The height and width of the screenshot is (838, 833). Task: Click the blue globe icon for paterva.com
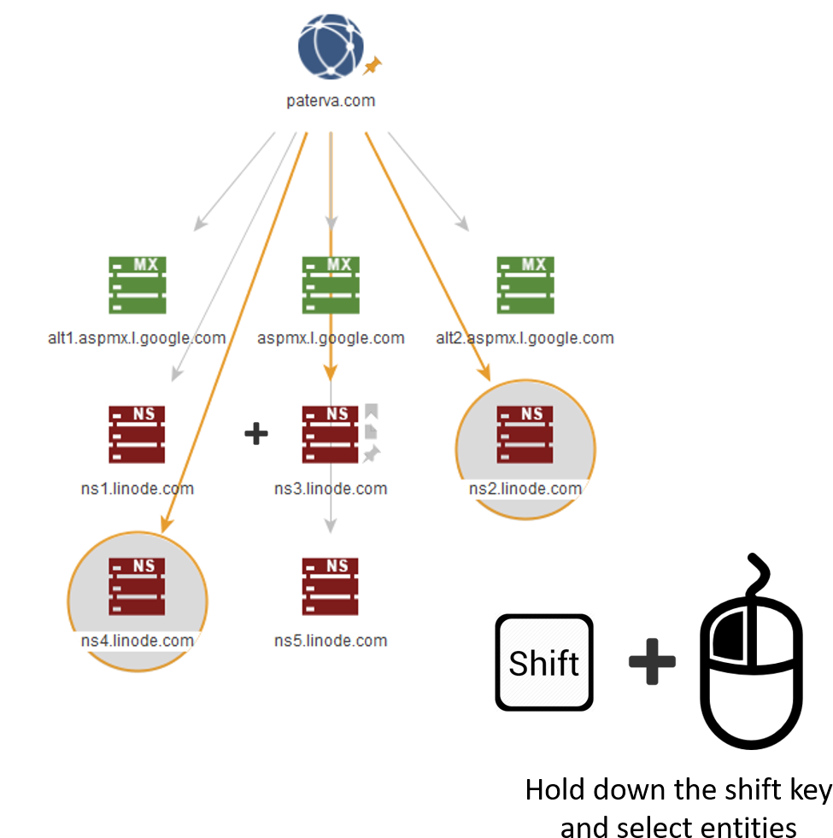pyautogui.click(x=331, y=47)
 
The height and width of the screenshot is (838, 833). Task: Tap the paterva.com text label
pyautogui.click(x=331, y=101)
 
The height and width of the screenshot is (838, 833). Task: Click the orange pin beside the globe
pyautogui.click(x=373, y=65)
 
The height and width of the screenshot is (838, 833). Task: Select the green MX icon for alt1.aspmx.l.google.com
pyautogui.click(x=137, y=284)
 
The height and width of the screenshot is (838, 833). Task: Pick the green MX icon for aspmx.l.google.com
pyautogui.click(x=331, y=284)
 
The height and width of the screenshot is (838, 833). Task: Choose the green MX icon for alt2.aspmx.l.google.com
pyautogui.click(x=525, y=284)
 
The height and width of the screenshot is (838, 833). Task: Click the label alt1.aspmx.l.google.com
pyautogui.click(x=137, y=338)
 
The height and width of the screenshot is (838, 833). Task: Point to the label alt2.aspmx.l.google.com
pyautogui.click(x=525, y=338)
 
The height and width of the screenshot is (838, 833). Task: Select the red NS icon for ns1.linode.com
pyautogui.click(x=137, y=435)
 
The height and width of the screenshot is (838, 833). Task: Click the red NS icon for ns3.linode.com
pyautogui.click(x=330, y=435)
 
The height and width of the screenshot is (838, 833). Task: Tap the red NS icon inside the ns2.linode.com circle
pyautogui.click(x=525, y=435)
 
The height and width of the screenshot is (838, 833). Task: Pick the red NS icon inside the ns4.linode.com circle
pyautogui.click(x=137, y=586)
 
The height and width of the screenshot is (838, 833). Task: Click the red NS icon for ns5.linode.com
pyautogui.click(x=330, y=586)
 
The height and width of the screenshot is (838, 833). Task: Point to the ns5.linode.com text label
pyautogui.click(x=331, y=641)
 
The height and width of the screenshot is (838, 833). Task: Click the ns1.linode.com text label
pyautogui.click(x=137, y=489)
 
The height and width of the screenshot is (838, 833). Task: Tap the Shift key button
pyautogui.click(x=544, y=662)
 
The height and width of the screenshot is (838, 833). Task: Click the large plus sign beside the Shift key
pyautogui.click(x=653, y=661)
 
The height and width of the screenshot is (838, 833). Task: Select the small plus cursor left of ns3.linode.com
pyautogui.click(x=256, y=434)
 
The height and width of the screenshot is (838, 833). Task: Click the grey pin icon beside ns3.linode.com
pyautogui.click(x=371, y=454)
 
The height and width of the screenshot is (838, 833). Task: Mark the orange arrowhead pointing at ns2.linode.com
pyautogui.click(x=484, y=373)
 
